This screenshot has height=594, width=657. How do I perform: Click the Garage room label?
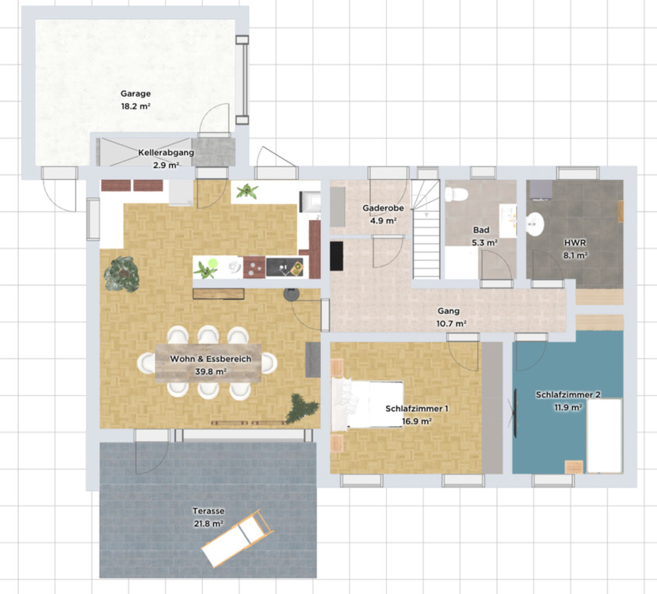136,93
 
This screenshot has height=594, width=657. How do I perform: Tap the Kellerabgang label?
166,153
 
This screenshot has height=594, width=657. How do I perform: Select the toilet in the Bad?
456,194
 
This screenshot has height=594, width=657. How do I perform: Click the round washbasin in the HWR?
535,224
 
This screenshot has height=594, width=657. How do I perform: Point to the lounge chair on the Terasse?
237,538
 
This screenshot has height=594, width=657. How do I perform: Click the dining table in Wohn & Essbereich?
208,363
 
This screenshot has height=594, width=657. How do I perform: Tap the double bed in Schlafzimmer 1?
368,404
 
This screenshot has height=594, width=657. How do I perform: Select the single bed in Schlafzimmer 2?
604,436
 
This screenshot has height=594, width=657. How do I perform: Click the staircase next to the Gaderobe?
426,229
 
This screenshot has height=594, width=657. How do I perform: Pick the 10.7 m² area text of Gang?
451,324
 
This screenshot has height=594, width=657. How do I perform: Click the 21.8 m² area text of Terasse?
208,524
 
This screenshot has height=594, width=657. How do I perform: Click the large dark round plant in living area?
121,274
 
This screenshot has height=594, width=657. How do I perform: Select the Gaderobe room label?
383,208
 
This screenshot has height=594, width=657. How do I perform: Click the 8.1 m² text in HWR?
575,255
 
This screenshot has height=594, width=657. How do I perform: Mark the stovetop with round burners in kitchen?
254,268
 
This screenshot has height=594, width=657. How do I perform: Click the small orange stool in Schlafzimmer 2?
574,466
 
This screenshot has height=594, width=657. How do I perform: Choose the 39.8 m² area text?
211,371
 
